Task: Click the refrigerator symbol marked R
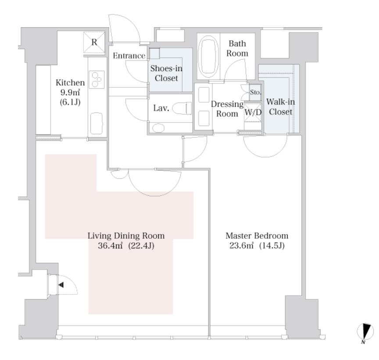coord(94,42)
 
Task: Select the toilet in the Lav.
coord(182,108)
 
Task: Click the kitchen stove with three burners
coord(97,79)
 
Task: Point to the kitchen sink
coord(96,123)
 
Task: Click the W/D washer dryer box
coord(253,112)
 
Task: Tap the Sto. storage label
coord(255,92)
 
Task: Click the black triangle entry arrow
coord(61,285)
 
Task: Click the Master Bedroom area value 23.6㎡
coord(241,245)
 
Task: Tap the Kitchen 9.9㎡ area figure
coord(70,92)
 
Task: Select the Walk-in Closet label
coord(280,107)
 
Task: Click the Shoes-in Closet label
coord(166,73)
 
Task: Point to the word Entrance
coord(129,56)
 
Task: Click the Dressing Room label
coord(227,108)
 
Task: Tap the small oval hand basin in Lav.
coord(158,127)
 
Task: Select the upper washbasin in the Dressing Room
coord(204,95)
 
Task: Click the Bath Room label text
coord(237,48)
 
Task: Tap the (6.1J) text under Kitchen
coord(70,102)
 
